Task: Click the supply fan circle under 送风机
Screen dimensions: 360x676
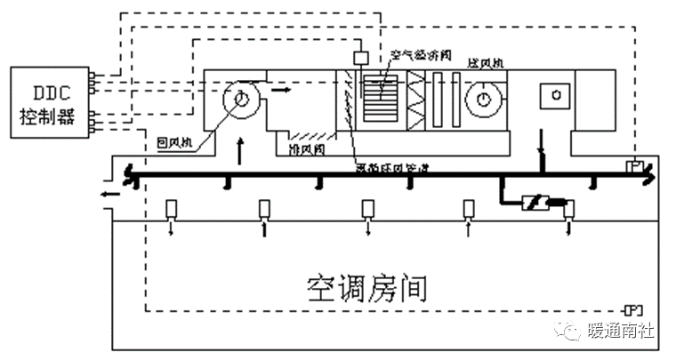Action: pos(484,99)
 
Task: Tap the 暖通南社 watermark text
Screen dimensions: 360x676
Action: pos(620,332)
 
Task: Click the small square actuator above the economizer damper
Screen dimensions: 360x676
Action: pos(361,58)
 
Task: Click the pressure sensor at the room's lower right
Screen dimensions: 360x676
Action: pos(633,309)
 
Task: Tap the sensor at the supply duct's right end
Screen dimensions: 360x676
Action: pos(635,166)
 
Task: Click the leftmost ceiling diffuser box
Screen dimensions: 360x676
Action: pos(173,210)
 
